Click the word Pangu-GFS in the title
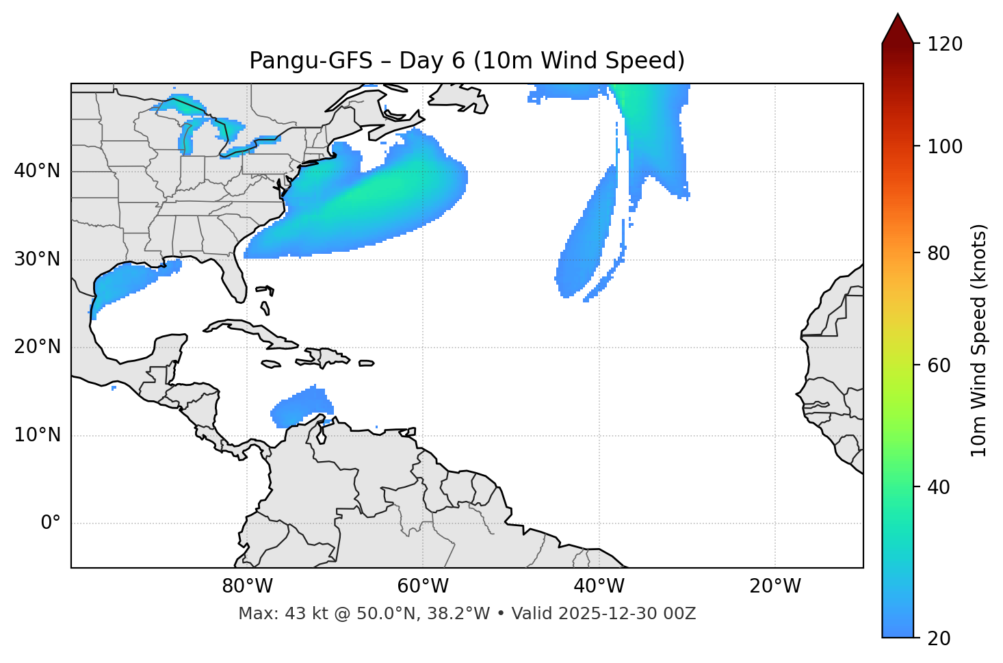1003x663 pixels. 311,61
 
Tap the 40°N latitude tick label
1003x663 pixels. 37,171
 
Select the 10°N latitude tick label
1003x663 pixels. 37,435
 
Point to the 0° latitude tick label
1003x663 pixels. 51,523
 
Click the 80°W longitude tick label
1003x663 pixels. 247,586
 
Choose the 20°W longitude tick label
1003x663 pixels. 775,586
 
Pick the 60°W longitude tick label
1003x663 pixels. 423,586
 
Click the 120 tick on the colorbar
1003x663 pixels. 945,44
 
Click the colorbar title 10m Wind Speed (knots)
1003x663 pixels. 979,340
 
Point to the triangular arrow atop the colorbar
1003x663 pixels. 898,29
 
